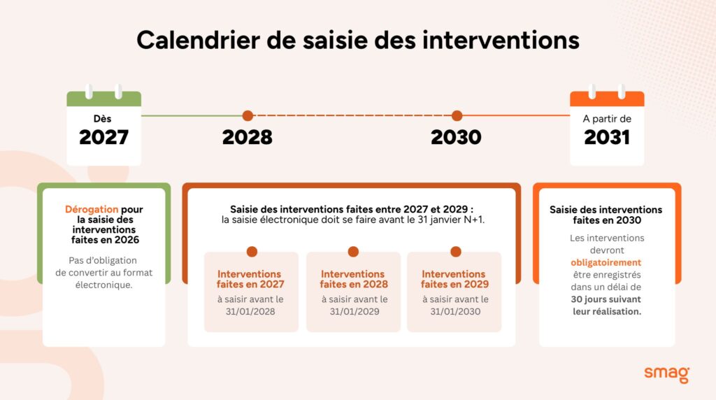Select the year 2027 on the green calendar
tap(103, 138)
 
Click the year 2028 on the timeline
tap(247, 138)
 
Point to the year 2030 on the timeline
tap(456, 138)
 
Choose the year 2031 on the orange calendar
tap(607, 138)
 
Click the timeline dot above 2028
tap(247, 116)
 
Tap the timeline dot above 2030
tap(457, 116)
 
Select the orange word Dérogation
tap(92, 209)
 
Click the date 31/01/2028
tap(251, 311)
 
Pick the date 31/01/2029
tap(354, 311)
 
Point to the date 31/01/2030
tap(454, 311)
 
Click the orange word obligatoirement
tap(606, 262)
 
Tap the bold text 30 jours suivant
tap(606, 299)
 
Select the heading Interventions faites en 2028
tap(354, 279)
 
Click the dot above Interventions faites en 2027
tap(252, 252)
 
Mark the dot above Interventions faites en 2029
tap(456, 252)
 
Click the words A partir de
tap(607, 119)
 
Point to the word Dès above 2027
tap(103, 119)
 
